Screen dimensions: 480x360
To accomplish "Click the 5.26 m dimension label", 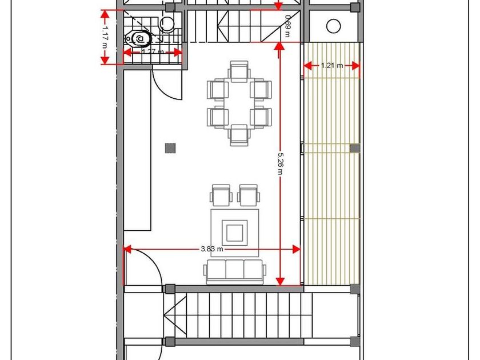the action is point(280,163).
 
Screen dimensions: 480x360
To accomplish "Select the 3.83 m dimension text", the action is point(212,249).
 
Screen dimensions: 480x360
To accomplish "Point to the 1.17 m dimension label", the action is point(105,37).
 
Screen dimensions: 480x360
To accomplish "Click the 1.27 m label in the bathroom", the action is point(153,52).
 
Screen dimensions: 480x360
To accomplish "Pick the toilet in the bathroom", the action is point(138,38).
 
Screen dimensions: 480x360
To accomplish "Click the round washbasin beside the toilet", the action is point(167,23).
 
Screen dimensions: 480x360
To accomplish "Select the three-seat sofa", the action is point(235,271).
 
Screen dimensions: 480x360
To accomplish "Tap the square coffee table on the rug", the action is point(235,233).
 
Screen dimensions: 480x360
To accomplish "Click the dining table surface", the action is point(239,103).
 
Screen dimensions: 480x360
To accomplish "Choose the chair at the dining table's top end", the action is point(239,71).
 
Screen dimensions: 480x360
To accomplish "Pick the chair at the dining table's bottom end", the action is point(239,135).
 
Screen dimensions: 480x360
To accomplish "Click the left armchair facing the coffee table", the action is point(221,195).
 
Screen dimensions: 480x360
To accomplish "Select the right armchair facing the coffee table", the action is point(249,195).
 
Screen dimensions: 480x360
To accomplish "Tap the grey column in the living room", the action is point(170,148).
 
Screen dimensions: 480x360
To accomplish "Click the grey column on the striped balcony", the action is point(355,148).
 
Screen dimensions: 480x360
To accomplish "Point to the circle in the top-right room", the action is point(334,26).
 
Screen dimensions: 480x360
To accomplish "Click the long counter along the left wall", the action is point(138,150).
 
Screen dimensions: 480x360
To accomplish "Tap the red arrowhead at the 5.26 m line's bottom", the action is point(280,282).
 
